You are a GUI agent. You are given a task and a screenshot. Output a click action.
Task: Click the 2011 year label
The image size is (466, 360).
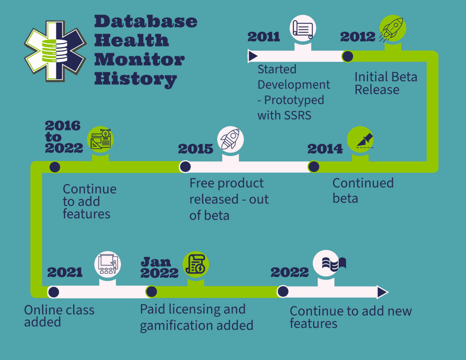(264, 37)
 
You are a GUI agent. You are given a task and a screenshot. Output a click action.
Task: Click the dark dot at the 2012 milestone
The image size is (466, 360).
(348, 56)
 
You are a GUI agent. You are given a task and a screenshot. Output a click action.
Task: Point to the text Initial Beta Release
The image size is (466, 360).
(386, 83)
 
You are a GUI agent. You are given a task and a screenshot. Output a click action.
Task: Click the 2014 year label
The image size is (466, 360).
(325, 149)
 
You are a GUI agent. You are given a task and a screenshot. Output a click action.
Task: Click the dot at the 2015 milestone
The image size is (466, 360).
(185, 167)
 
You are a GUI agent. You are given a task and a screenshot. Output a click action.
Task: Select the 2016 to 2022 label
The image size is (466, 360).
(63, 137)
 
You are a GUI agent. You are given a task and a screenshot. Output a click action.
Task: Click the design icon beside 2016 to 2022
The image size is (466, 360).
(101, 139)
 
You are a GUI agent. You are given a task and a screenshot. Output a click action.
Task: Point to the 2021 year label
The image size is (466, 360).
(65, 272)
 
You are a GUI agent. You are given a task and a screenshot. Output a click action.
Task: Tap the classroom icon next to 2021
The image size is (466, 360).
(108, 264)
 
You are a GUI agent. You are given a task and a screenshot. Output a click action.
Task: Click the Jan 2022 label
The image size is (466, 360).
(159, 267)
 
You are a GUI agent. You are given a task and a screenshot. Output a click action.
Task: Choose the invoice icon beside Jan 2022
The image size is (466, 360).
(196, 264)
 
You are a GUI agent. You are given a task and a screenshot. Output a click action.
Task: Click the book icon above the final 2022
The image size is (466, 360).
(334, 263)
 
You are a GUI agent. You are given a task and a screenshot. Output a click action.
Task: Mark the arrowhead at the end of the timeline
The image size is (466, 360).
(382, 292)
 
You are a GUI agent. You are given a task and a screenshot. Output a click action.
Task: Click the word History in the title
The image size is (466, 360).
(136, 79)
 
